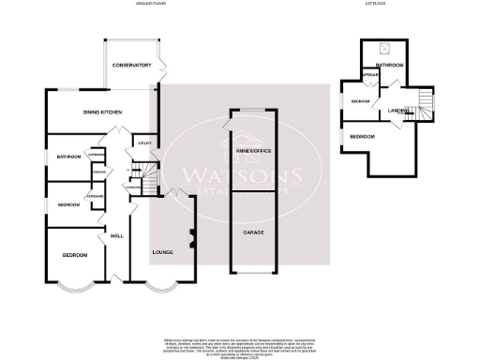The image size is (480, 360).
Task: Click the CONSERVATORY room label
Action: pos(131,66)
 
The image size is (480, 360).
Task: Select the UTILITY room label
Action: pos(144,143)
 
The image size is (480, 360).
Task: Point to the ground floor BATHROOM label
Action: pos(67,156)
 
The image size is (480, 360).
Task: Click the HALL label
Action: pos(117,235)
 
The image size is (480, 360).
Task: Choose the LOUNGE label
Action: pos(163,252)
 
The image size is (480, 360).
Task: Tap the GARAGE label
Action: pos(252,231)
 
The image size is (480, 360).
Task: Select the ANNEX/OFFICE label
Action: pos(252,149)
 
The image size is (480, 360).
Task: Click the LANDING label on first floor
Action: pos(397,111)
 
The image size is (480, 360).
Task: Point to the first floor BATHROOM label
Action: pos(389,66)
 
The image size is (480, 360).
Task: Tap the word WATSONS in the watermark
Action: pos(241,175)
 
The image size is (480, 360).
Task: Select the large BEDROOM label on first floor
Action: pos(363,137)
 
